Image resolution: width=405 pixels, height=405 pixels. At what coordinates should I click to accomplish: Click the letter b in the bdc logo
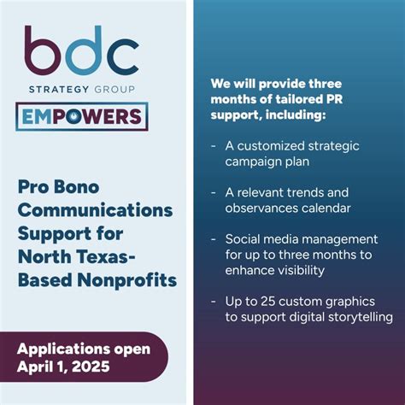point(41,51)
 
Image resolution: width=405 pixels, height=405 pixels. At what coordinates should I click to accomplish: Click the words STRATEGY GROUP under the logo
point(80,90)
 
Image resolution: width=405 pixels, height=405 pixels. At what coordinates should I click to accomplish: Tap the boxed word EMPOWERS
point(81,117)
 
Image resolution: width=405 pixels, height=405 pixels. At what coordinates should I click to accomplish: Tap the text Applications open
point(84,349)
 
